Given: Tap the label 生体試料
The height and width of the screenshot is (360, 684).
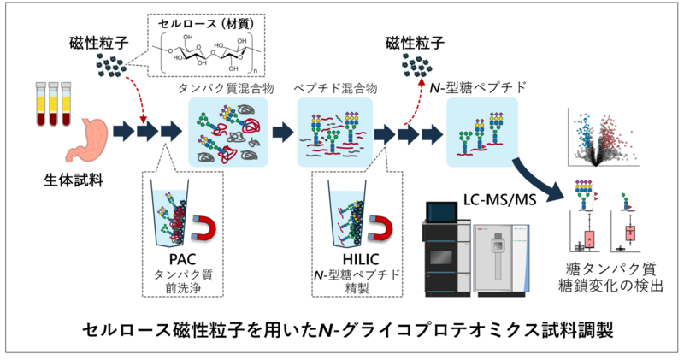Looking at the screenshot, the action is coord(74,180).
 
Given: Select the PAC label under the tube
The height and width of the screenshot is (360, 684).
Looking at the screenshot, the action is coord(182,259).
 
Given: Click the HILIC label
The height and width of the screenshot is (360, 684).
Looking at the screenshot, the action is coord(360,259).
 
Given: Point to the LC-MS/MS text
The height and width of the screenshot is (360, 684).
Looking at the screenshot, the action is coord(499,199).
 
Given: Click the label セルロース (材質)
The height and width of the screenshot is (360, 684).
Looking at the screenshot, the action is coord(206,24).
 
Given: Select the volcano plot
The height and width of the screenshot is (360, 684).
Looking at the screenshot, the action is coord(603,137).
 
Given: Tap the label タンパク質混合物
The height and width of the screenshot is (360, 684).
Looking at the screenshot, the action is coord(226,89).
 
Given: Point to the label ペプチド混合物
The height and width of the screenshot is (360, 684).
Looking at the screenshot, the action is coord(335,89).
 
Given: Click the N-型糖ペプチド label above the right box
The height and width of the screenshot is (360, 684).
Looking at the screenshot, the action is coord(478,88).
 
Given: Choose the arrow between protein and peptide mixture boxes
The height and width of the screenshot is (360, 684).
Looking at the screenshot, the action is coord(283,133).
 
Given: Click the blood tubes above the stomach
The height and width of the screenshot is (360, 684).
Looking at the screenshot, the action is coord(53,103).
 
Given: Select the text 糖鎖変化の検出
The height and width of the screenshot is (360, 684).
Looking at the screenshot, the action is coord(610,286).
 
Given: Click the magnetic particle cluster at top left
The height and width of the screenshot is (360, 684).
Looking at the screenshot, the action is coord(111,66).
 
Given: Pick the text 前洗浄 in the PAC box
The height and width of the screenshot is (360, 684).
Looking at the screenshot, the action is coord(183,288).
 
